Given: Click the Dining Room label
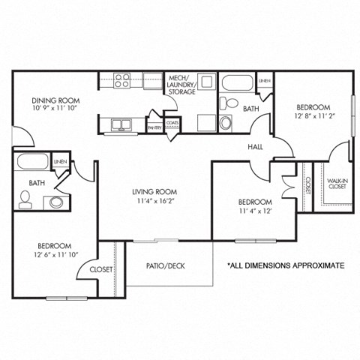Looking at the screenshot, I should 55,100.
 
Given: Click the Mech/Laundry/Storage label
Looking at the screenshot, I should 182,85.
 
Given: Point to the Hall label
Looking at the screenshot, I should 255,148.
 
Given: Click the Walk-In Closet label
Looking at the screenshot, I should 337,184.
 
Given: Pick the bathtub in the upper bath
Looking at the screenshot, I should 236,82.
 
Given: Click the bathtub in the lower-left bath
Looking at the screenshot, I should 32,162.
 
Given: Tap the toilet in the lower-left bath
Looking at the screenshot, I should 25,199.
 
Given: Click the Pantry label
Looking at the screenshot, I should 154,128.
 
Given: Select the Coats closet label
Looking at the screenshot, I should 172,122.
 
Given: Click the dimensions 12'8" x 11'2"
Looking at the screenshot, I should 312,116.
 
